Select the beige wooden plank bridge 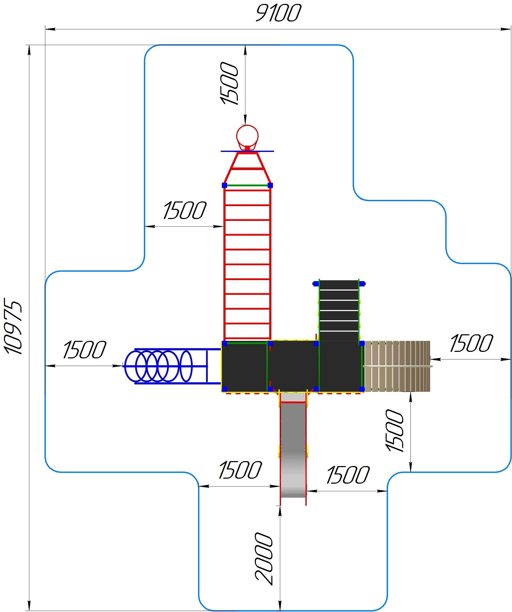pos(397,366)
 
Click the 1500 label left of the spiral pos(85,349)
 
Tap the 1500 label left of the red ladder pos(184,210)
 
